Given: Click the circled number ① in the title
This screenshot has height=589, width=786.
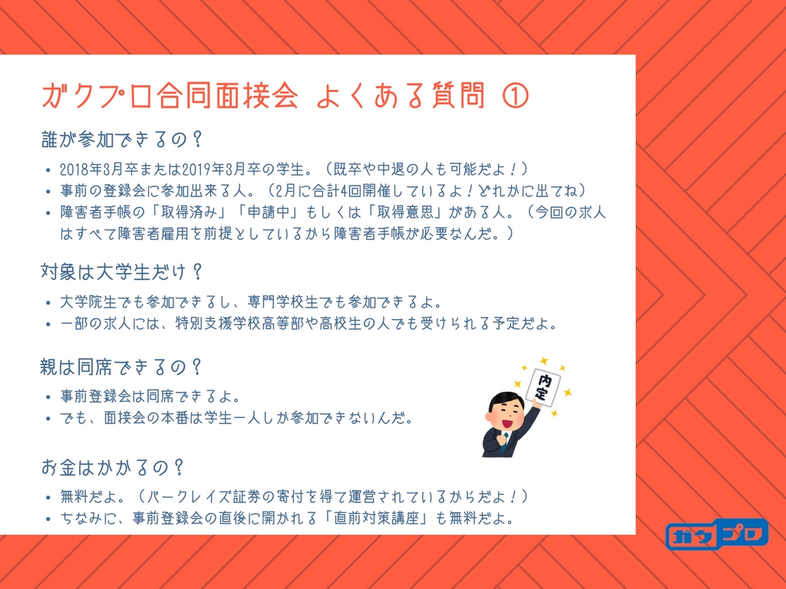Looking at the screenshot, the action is pyautogui.click(x=515, y=96).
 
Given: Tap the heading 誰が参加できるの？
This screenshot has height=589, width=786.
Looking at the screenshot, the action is pyautogui.click(x=122, y=140).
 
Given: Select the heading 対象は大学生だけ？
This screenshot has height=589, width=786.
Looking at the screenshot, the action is pyautogui.click(x=122, y=272).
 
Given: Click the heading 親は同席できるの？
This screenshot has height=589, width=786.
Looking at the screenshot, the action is pyautogui.click(x=122, y=367).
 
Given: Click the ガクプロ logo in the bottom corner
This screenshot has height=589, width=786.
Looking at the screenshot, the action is pyautogui.click(x=718, y=534).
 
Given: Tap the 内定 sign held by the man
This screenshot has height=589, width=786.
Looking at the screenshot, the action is pyautogui.click(x=543, y=387).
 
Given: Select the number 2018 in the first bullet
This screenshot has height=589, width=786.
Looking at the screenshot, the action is pyautogui.click(x=74, y=169).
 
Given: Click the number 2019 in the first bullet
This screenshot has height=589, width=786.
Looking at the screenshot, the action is pyautogui.click(x=196, y=169).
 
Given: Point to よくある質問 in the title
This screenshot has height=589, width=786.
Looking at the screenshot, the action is pyautogui.click(x=401, y=95).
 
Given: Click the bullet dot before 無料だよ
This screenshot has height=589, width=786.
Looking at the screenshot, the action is pyautogui.click(x=48, y=498).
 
